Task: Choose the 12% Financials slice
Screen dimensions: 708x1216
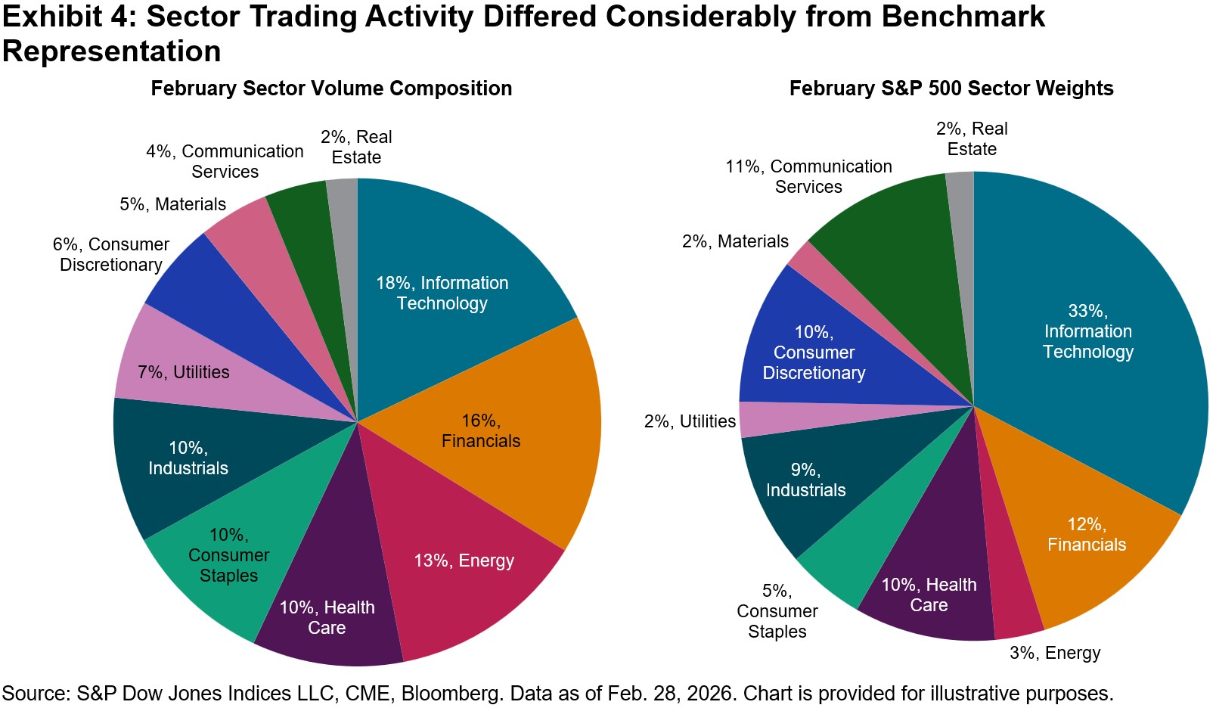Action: tap(1089, 545)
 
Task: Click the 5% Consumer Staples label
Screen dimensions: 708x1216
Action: tap(777, 611)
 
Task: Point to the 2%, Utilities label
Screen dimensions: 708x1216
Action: tap(690, 421)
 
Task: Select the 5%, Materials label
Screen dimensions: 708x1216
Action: tap(172, 204)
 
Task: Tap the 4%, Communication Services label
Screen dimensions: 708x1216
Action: tap(225, 161)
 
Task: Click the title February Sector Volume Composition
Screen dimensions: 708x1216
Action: tap(331, 88)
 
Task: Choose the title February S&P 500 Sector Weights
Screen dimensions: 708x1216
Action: tap(951, 88)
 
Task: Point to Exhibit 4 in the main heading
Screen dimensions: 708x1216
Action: tap(65, 17)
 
